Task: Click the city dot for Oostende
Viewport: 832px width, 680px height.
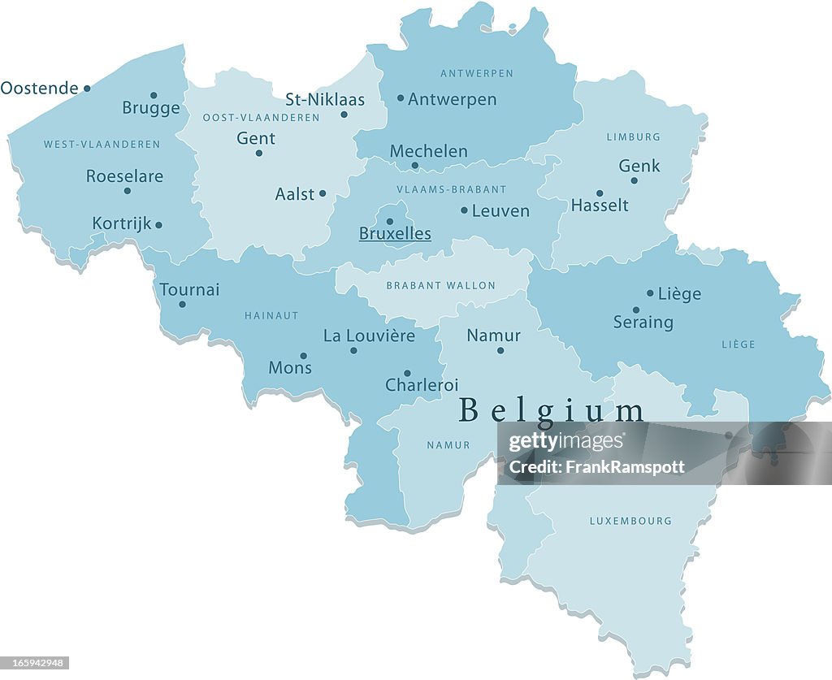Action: coord(87,89)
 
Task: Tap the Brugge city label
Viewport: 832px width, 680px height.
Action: coord(151,108)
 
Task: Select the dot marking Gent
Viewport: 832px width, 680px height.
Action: coord(259,153)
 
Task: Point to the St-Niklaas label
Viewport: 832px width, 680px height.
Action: coord(325,100)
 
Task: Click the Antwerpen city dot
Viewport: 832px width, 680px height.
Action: coord(401,98)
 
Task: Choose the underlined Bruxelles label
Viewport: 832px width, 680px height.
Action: coord(395,234)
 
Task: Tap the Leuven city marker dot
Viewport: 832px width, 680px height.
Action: coord(464,210)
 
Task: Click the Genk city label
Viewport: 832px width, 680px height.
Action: coord(639,166)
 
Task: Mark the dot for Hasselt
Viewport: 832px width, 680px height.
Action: coord(600,193)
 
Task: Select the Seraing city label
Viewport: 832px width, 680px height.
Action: coord(643,323)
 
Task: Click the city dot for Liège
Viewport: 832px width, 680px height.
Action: coord(650,293)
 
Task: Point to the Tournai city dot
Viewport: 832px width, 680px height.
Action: coord(182,305)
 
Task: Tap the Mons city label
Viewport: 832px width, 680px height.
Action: coord(290,368)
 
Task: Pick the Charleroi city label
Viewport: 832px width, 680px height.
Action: coord(422,385)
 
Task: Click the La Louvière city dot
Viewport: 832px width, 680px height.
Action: coord(353,350)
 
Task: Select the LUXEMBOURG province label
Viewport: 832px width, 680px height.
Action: coord(630,521)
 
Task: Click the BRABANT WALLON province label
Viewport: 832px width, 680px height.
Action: coord(440,286)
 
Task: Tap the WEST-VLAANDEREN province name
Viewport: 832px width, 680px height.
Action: coord(102,145)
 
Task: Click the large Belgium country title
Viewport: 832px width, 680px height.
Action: coord(552,410)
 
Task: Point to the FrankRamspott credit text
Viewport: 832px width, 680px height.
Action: coord(596,467)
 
